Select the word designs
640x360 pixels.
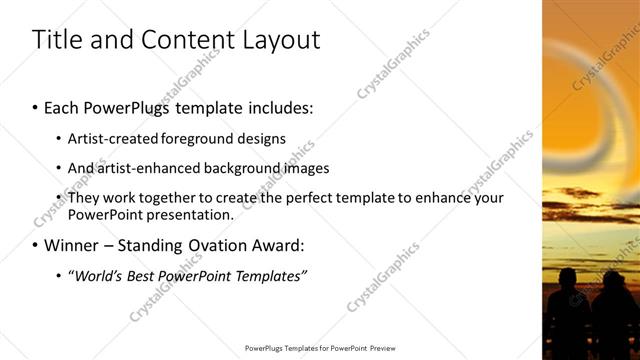(x=262, y=139)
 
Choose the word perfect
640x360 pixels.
(x=311, y=198)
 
